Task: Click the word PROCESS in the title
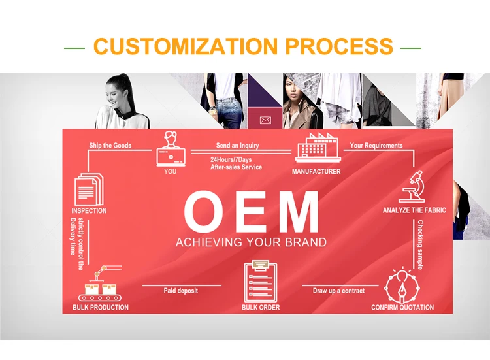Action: tap(338, 46)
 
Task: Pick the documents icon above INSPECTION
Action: tap(88, 189)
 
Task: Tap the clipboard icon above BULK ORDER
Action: tap(260, 282)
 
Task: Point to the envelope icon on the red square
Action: tap(265, 120)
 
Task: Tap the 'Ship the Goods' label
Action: tap(110, 146)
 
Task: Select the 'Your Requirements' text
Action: tap(376, 146)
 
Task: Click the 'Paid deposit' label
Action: tap(180, 291)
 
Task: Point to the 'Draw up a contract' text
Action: tap(338, 291)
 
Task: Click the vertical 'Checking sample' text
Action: tap(421, 245)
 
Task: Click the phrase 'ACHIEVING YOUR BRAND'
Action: tap(251, 242)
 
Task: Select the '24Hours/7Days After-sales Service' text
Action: tap(236, 163)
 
